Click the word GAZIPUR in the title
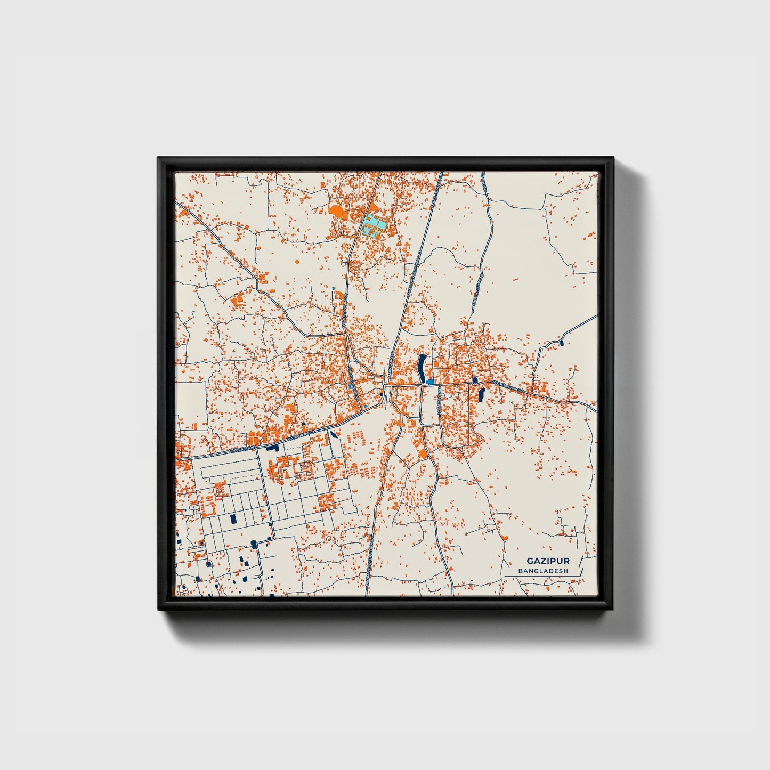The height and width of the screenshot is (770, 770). point(548,561)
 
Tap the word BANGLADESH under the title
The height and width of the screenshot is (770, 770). point(543,571)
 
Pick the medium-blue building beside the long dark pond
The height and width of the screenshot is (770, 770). point(429,382)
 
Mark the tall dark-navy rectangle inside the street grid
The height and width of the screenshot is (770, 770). point(232,518)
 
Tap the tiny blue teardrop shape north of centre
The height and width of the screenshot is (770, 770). point(334,288)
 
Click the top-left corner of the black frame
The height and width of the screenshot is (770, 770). point(159,158)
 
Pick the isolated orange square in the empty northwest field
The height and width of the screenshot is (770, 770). point(297,262)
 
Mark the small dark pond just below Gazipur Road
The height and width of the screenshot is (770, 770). point(334,434)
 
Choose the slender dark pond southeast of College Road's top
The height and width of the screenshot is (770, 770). point(482,395)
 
